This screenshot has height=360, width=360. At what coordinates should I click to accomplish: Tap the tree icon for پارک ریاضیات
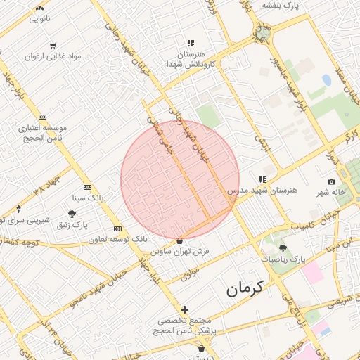283,248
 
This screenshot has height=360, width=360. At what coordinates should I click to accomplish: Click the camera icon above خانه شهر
331,181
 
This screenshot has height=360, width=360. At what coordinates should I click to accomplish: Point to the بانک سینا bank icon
87,187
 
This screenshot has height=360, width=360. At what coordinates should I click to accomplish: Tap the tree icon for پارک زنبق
72,214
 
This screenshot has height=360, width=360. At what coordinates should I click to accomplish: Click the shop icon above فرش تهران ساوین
180,240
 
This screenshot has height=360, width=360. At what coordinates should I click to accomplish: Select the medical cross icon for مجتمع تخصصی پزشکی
184,309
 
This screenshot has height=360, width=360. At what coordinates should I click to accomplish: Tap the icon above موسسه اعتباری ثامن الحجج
43,117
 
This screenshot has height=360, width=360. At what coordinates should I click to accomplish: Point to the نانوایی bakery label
39,19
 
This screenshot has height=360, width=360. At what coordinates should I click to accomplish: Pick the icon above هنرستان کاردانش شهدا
191,43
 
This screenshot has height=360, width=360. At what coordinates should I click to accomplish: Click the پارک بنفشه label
282,5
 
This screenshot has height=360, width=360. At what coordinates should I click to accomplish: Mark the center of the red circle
180,180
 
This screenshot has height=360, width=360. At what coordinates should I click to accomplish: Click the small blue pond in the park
326,80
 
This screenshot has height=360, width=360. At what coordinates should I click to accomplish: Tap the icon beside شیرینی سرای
18,209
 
